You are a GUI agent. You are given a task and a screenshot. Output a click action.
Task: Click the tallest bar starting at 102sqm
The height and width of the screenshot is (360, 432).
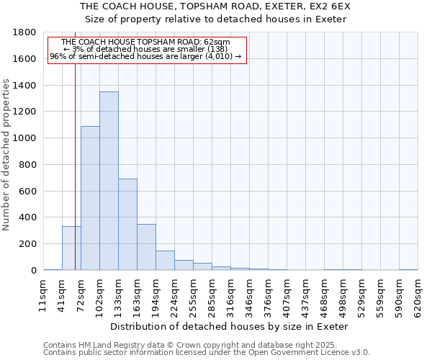109,181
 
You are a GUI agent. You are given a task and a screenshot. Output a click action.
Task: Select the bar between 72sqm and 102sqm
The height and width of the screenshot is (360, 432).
90,198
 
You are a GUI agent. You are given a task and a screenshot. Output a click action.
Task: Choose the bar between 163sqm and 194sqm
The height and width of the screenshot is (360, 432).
146,247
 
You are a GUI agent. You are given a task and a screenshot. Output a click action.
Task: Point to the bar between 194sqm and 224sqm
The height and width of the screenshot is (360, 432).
165,261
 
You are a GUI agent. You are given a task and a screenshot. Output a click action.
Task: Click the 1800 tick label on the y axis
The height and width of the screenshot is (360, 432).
25,32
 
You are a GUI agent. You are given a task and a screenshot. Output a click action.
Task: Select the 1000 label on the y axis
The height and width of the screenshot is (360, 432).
25,138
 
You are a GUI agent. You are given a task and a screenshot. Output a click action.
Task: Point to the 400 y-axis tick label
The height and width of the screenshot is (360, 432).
28,217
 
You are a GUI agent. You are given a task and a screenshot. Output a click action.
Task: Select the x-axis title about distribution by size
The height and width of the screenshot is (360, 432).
230,326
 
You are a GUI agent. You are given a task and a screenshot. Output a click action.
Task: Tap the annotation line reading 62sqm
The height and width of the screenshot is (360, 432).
147,42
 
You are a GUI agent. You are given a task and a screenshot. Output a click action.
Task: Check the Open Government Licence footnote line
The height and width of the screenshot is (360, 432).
207,353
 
